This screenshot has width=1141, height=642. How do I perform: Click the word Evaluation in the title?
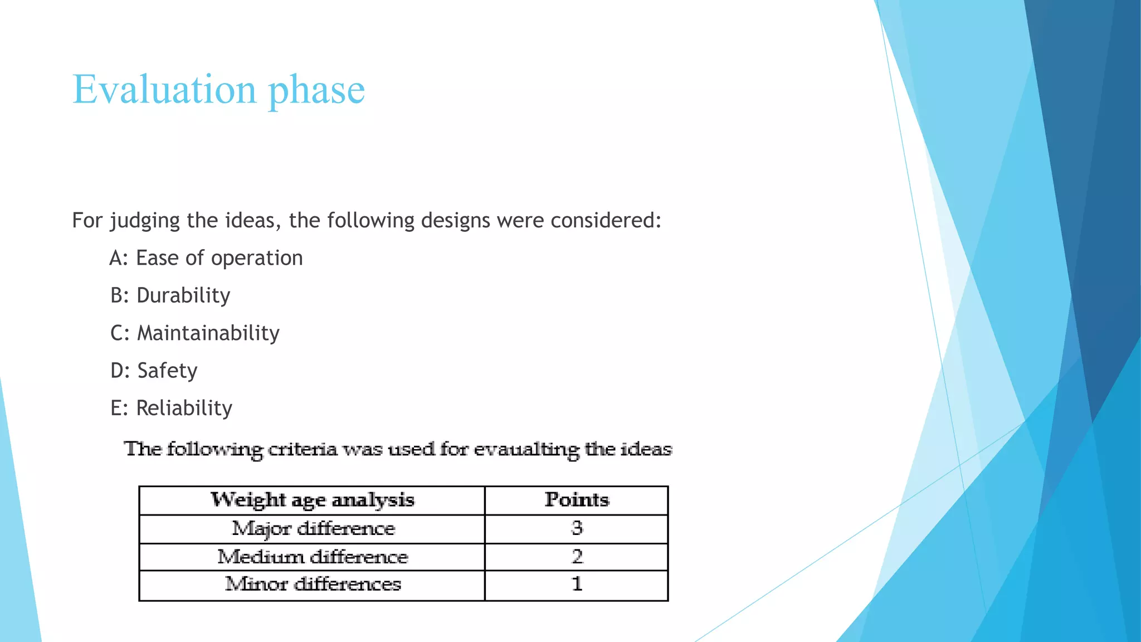(x=164, y=89)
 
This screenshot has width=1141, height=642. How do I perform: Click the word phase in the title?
(x=316, y=90)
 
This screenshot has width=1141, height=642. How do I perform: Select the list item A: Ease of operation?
(x=206, y=258)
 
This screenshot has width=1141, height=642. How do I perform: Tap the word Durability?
(x=183, y=295)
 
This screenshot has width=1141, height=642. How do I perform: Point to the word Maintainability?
(x=208, y=333)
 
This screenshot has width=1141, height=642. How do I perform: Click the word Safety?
(x=167, y=371)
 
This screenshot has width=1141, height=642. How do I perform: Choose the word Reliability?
(x=184, y=408)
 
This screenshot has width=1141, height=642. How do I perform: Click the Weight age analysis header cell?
(x=312, y=500)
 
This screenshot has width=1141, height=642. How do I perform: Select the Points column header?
(x=577, y=500)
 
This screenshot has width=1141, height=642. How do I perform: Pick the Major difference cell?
(x=313, y=528)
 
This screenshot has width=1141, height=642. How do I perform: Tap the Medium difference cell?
(x=313, y=557)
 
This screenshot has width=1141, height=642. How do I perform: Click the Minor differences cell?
(x=313, y=584)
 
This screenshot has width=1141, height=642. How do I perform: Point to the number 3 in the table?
(x=577, y=528)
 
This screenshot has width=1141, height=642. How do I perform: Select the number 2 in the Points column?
(x=577, y=556)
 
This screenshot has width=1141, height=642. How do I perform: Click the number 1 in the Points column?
(x=577, y=583)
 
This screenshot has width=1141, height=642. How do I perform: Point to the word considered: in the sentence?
(x=606, y=221)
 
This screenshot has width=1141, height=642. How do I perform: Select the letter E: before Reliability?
(x=119, y=408)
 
